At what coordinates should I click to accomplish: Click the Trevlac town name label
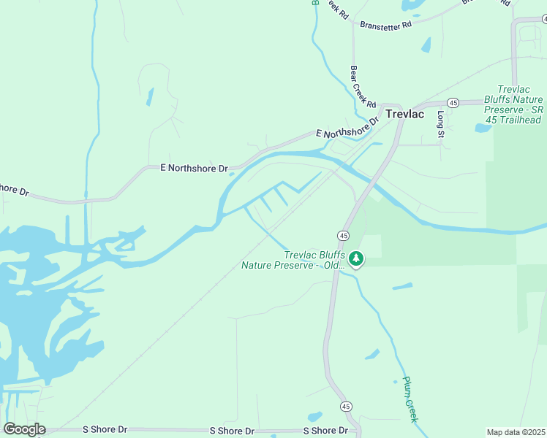(x=404, y=114)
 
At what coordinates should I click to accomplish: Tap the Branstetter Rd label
(x=386, y=24)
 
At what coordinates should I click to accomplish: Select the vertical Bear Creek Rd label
(x=362, y=86)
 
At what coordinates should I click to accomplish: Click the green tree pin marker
(x=356, y=259)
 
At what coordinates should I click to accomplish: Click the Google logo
(x=24, y=429)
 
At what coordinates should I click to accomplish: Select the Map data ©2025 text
(x=516, y=432)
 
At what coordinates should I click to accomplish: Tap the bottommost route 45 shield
(x=346, y=406)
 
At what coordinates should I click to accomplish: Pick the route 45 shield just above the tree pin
(x=343, y=235)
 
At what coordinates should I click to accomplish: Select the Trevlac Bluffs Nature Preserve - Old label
(x=293, y=260)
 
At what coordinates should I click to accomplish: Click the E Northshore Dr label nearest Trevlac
(x=347, y=128)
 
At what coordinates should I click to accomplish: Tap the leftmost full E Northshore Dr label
(x=194, y=168)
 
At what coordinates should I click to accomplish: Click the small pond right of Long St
(x=483, y=128)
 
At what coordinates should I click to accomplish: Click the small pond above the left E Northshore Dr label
(x=150, y=97)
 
